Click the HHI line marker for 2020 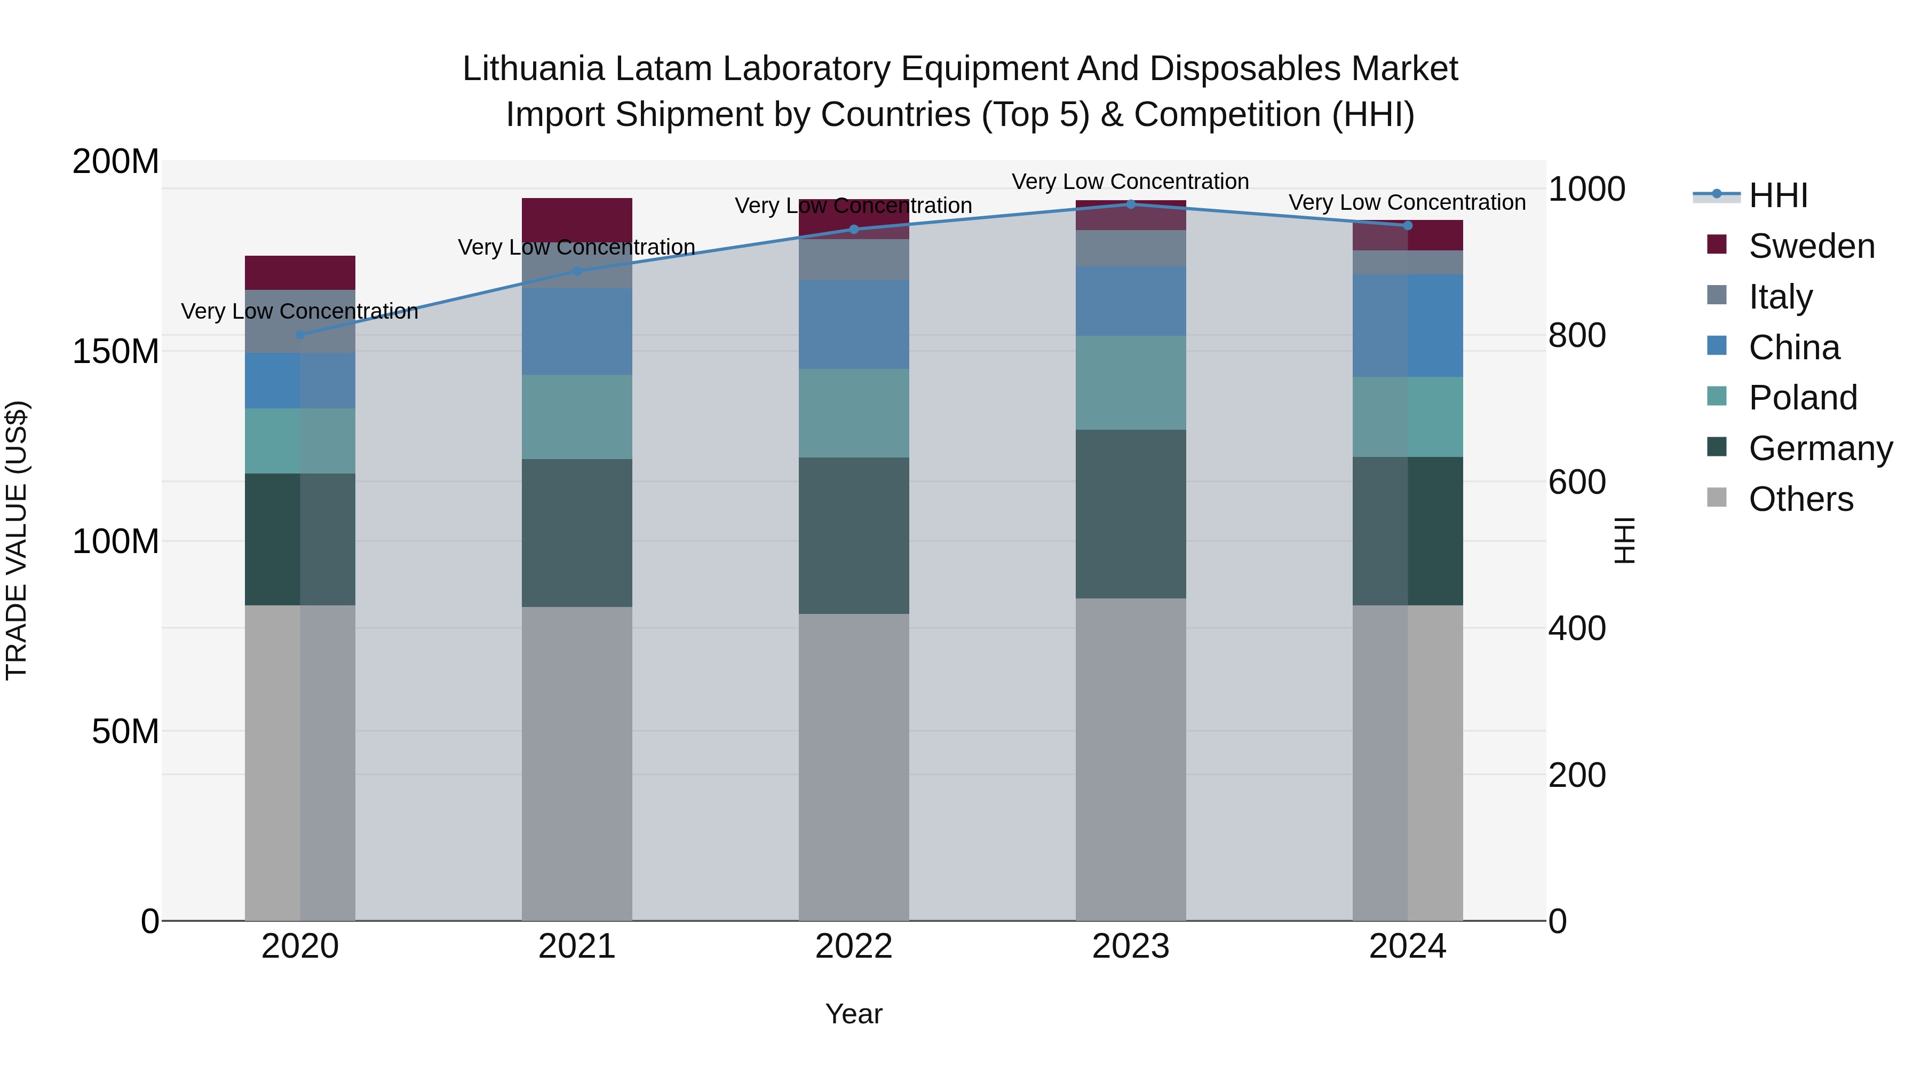[300, 335]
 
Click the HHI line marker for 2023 [1131, 204]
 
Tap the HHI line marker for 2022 [854, 230]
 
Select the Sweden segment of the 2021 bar [576, 220]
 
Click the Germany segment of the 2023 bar [1131, 514]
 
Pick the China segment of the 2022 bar [854, 325]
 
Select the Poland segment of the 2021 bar [576, 417]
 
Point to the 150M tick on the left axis [116, 351]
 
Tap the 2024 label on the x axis [1407, 946]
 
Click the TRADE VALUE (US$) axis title [17, 540]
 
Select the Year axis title [853, 1014]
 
